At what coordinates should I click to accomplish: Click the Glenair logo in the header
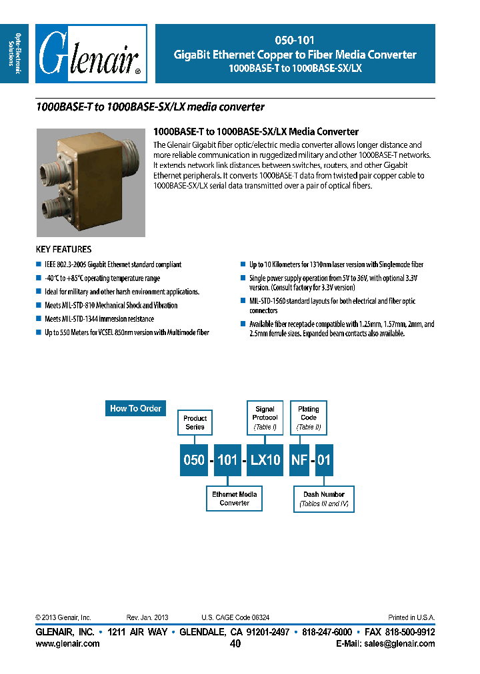pos(90,54)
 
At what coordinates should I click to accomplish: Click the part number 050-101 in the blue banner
pos(295,41)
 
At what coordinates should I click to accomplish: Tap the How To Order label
pos(135,408)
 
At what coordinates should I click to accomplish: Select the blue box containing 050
pos(194,460)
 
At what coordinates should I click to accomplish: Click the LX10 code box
pos(265,460)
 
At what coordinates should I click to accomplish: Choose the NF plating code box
pos(300,460)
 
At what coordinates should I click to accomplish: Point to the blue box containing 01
pos(324,460)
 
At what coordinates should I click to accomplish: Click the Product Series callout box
pos(195,422)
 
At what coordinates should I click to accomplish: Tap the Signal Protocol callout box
pos(265,418)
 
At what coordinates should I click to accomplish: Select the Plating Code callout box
pos(309,418)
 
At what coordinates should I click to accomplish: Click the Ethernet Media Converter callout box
pos(235,499)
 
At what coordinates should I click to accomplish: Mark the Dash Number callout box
pos(324,499)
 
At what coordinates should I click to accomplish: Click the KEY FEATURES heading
pos(63,250)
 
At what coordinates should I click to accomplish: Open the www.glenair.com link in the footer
pos(67,644)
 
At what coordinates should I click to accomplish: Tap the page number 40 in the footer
pos(235,644)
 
